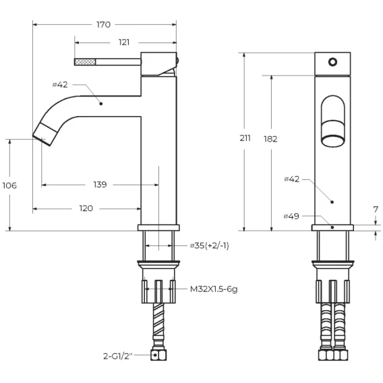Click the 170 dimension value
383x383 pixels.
[103, 25]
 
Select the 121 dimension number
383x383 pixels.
[124, 42]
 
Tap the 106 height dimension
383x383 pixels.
[9, 185]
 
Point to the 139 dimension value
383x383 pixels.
[100, 184]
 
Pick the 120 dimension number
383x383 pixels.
[86, 208]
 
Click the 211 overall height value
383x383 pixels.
[245, 138]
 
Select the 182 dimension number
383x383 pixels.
[270, 139]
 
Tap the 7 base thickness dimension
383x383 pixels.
[376, 210]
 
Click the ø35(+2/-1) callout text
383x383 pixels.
[210, 245]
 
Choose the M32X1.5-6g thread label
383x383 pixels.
[214, 289]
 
